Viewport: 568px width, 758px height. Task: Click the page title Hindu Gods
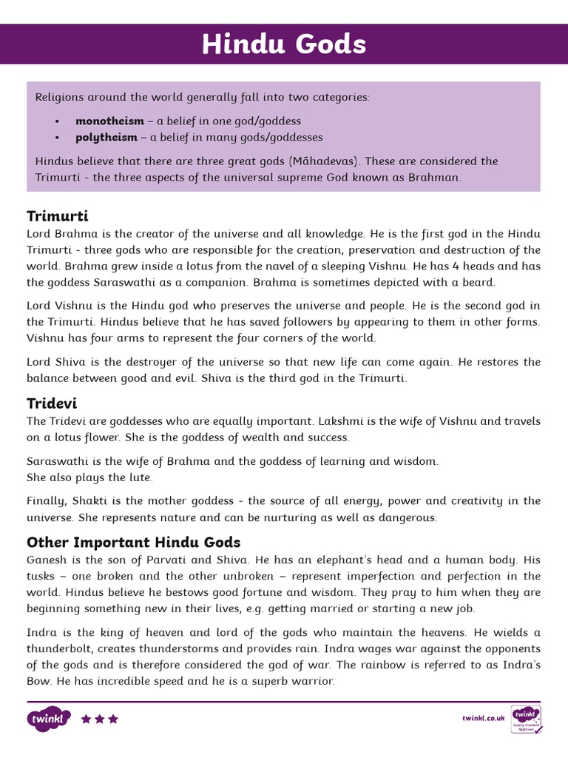tap(284, 44)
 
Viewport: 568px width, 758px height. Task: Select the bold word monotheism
tap(109, 121)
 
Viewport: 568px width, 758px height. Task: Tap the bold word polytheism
tap(106, 137)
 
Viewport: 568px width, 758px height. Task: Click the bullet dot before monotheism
tap(57, 121)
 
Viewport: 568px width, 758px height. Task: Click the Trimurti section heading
tap(58, 215)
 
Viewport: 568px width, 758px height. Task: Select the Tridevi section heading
tap(52, 403)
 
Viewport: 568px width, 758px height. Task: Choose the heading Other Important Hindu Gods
tap(133, 542)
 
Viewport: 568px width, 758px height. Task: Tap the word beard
tap(480, 282)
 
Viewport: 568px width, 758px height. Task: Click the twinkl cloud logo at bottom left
tap(49, 719)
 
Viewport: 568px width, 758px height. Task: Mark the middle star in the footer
tap(99, 719)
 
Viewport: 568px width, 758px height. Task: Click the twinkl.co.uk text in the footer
tap(483, 718)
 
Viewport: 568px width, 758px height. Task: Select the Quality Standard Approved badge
tap(526, 719)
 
